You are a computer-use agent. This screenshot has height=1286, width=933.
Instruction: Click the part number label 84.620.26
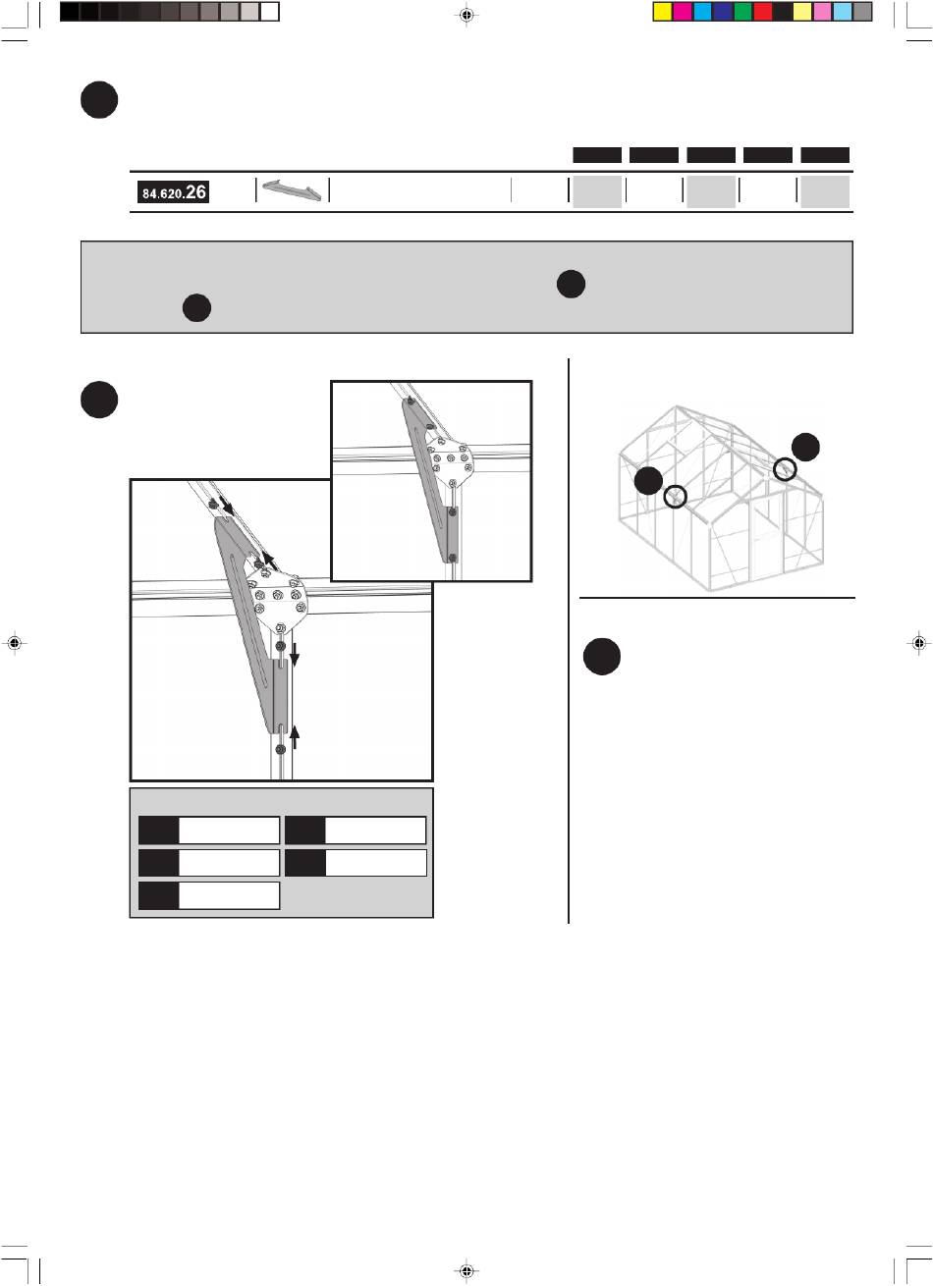coord(173,191)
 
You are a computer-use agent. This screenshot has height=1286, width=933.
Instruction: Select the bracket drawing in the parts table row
coord(292,190)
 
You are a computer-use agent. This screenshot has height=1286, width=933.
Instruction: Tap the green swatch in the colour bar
coord(742,12)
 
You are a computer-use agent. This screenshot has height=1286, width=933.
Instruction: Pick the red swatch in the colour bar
coord(762,12)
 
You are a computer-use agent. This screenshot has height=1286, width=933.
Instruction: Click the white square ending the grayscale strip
coord(269,12)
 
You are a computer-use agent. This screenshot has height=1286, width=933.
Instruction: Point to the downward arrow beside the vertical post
coord(295,655)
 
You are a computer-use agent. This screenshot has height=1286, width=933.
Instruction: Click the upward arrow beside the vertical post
coord(295,737)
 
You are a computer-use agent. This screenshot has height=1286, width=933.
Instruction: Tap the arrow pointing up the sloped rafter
coord(269,561)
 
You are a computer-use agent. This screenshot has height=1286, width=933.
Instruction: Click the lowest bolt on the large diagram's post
coord(280,749)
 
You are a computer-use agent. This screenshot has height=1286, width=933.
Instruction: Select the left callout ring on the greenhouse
coord(675,496)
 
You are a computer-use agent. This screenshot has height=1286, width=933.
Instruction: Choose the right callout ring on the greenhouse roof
coord(785,469)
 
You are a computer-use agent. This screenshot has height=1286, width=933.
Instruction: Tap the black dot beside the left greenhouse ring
coord(648,480)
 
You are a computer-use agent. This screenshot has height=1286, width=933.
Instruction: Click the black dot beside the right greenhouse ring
coord(805,447)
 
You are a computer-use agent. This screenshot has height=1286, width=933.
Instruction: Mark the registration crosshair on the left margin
coord(15,643)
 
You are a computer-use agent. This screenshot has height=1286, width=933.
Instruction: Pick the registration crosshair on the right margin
coord(918,643)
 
